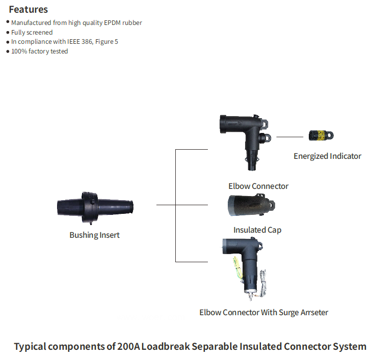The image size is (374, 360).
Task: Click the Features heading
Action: point(28,9)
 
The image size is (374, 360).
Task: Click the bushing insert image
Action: point(95,207)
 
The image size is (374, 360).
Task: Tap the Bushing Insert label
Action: point(95,235)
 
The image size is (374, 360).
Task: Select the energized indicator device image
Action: point(321,135)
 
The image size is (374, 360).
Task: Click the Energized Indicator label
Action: point(327,156)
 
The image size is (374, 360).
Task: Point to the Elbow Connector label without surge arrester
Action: point(258,186)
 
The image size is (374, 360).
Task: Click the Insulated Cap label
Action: point(257,230)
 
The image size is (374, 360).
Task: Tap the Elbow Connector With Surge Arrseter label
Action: point(263,312)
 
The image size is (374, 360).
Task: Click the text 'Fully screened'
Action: point(32,33)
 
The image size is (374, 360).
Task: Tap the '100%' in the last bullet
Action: point(19,51)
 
